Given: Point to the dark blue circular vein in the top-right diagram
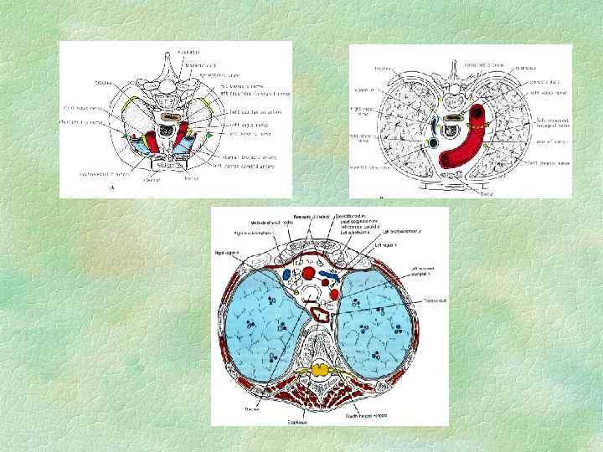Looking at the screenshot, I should tap(433, 143).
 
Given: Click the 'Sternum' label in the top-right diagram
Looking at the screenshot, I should tap(485, 193).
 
